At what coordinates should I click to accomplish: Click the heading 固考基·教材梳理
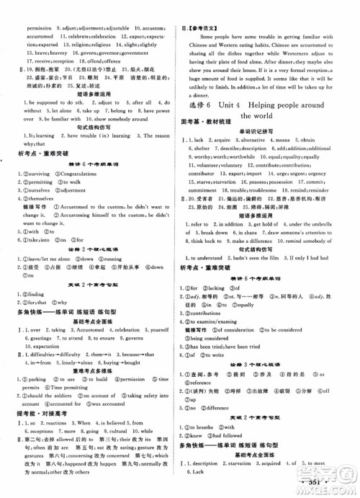click(x=210, y=133)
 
